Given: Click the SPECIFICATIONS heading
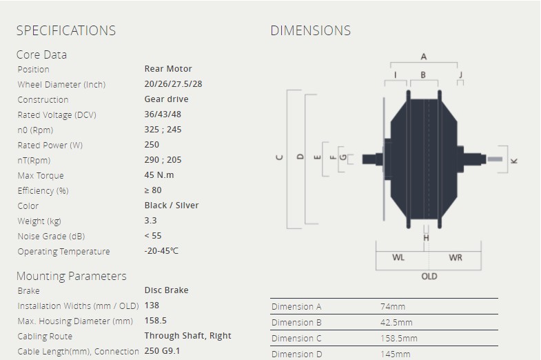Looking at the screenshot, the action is (x=66, y=30).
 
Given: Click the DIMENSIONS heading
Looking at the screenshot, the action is (x=311, y=30).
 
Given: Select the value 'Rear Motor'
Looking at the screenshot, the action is (x=168, y=69).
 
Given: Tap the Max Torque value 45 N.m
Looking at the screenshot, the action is (x=159, y=175).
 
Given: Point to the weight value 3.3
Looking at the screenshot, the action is (x=150, y=221).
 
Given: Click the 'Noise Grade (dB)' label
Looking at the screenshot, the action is (x=51, y=237).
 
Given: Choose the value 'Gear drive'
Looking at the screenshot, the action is (x=166, y=99).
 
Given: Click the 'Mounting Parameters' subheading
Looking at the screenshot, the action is (x=72, y=276).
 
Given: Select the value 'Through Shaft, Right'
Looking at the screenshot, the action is (x=187, y=336).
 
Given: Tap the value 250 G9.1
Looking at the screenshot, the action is (x=162, y=351).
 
